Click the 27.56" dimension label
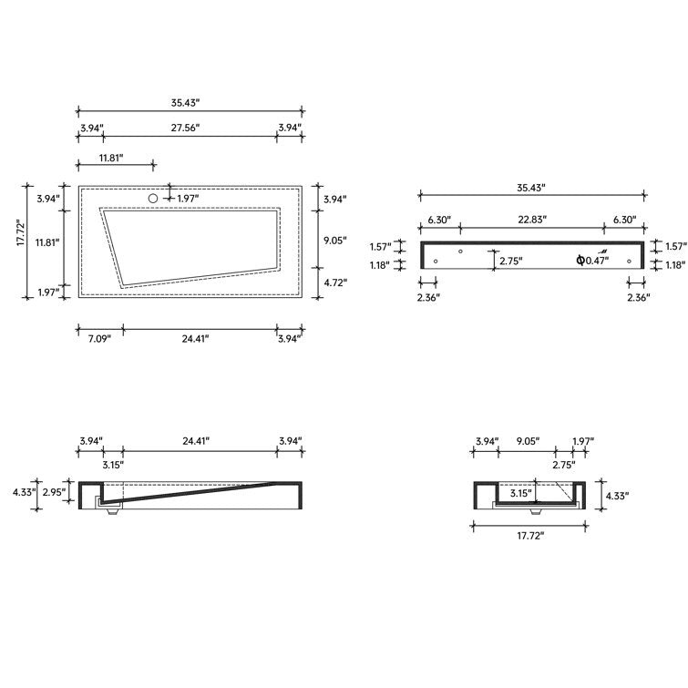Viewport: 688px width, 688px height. pyautogui.click(x=185, y=128)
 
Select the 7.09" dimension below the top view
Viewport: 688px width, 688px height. pyautogui.click(x=98, y=338)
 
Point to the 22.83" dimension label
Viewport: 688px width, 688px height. pyautogui.click(x=531, y=220)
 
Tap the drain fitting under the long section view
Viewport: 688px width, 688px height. pyautogui.click(x=112, y=511)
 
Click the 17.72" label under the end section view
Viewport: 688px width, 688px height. pyautogui.click(x=529, y=536)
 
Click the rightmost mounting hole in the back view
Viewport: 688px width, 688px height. pyautogui.click(x=629, y=262)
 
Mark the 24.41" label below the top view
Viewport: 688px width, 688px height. pyautogui.click(x=194, y=338)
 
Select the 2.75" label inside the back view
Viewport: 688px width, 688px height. pyautogui.click(x=509, y=261)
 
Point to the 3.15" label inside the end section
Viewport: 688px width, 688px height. pyautogui.click(x=521, y=493)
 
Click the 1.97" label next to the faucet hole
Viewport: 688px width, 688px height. pyautogui.click(x=188, y=199)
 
